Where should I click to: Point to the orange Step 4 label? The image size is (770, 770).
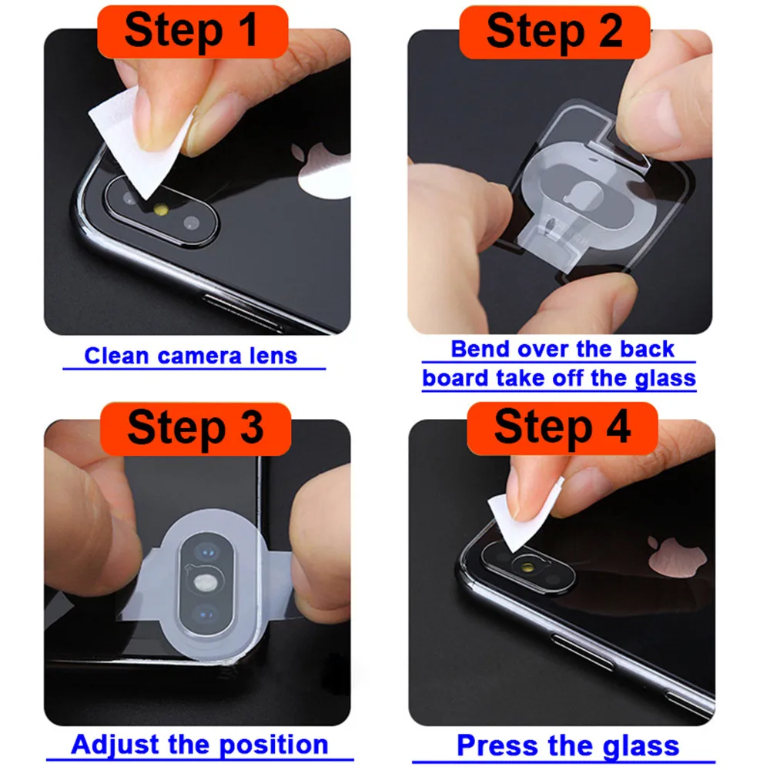pos(562,427)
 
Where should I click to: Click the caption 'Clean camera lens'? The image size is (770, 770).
pos(190,356)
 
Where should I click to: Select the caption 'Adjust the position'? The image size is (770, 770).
pos(199,745)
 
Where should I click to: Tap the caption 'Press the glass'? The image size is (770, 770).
pos(567,745)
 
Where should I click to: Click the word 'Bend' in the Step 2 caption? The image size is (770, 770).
pos(477,349)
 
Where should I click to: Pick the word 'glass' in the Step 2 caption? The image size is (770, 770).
pos(662,378)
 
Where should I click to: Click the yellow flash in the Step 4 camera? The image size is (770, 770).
pos(532,568)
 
